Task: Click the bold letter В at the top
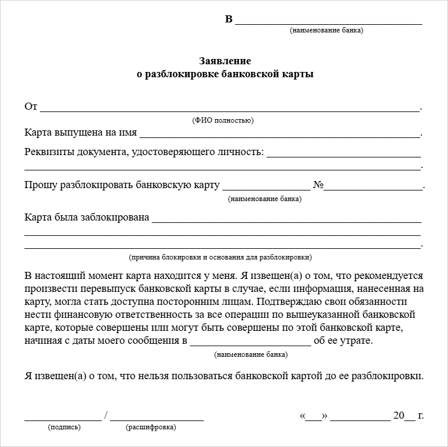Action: (229, 19)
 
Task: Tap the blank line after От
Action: (230, 109)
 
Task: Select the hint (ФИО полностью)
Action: (223, 120)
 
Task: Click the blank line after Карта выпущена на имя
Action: (280, 135)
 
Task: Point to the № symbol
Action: (318, 185)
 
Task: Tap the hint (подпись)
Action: (64, 427)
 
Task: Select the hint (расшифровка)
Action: (150, 427)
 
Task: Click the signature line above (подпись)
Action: (62, 419)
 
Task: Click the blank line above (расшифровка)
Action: (157, 419)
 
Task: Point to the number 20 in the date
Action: (399, 415)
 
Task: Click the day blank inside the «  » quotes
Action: (314, 418)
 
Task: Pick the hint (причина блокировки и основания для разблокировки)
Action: (220, 257)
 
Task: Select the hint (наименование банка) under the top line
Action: (327, 30)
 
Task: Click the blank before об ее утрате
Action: (251, 344)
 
